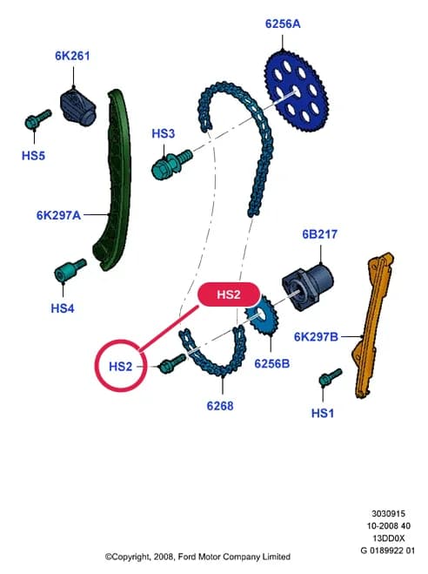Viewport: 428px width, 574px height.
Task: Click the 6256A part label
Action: tap(283, 24)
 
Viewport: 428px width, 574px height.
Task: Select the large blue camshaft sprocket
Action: tap(297, 92)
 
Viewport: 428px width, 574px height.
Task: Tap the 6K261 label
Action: tap(72, 56)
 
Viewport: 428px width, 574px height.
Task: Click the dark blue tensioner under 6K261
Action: tap(77, 106)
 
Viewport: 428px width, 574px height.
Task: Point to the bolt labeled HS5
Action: tap(38, 118)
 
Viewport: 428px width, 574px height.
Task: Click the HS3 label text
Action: tap(164, 133)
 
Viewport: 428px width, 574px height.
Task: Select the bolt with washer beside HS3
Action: tap(171, 164)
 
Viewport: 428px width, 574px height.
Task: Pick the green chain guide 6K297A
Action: tap(112, 180)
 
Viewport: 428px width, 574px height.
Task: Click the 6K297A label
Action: tap(58, 215)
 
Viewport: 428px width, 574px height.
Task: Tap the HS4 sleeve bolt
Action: tap(70, 270)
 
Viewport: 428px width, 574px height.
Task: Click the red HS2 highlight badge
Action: tap(229, 294)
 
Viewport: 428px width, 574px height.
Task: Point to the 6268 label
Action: tap(220, 406)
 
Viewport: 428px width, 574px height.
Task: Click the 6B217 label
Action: tap(320, 234)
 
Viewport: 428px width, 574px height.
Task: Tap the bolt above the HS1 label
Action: tap(330, 377)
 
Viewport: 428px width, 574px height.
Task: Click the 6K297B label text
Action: tap(316, 337)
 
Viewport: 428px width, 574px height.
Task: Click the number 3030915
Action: tap(389, 514)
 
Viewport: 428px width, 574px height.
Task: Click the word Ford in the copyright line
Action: tap(187, 557)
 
